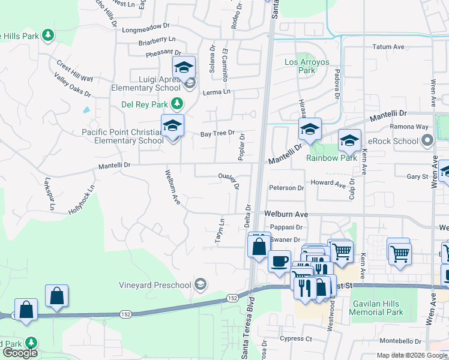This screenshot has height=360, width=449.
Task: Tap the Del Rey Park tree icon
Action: (176, 104)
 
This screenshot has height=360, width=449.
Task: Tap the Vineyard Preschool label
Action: (155, 285)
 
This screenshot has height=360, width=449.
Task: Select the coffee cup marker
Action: (279, 262)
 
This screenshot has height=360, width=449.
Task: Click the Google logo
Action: (19, 353)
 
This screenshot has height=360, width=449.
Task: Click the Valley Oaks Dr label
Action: (72, 86)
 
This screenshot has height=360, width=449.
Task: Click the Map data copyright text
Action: (400, 355)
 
